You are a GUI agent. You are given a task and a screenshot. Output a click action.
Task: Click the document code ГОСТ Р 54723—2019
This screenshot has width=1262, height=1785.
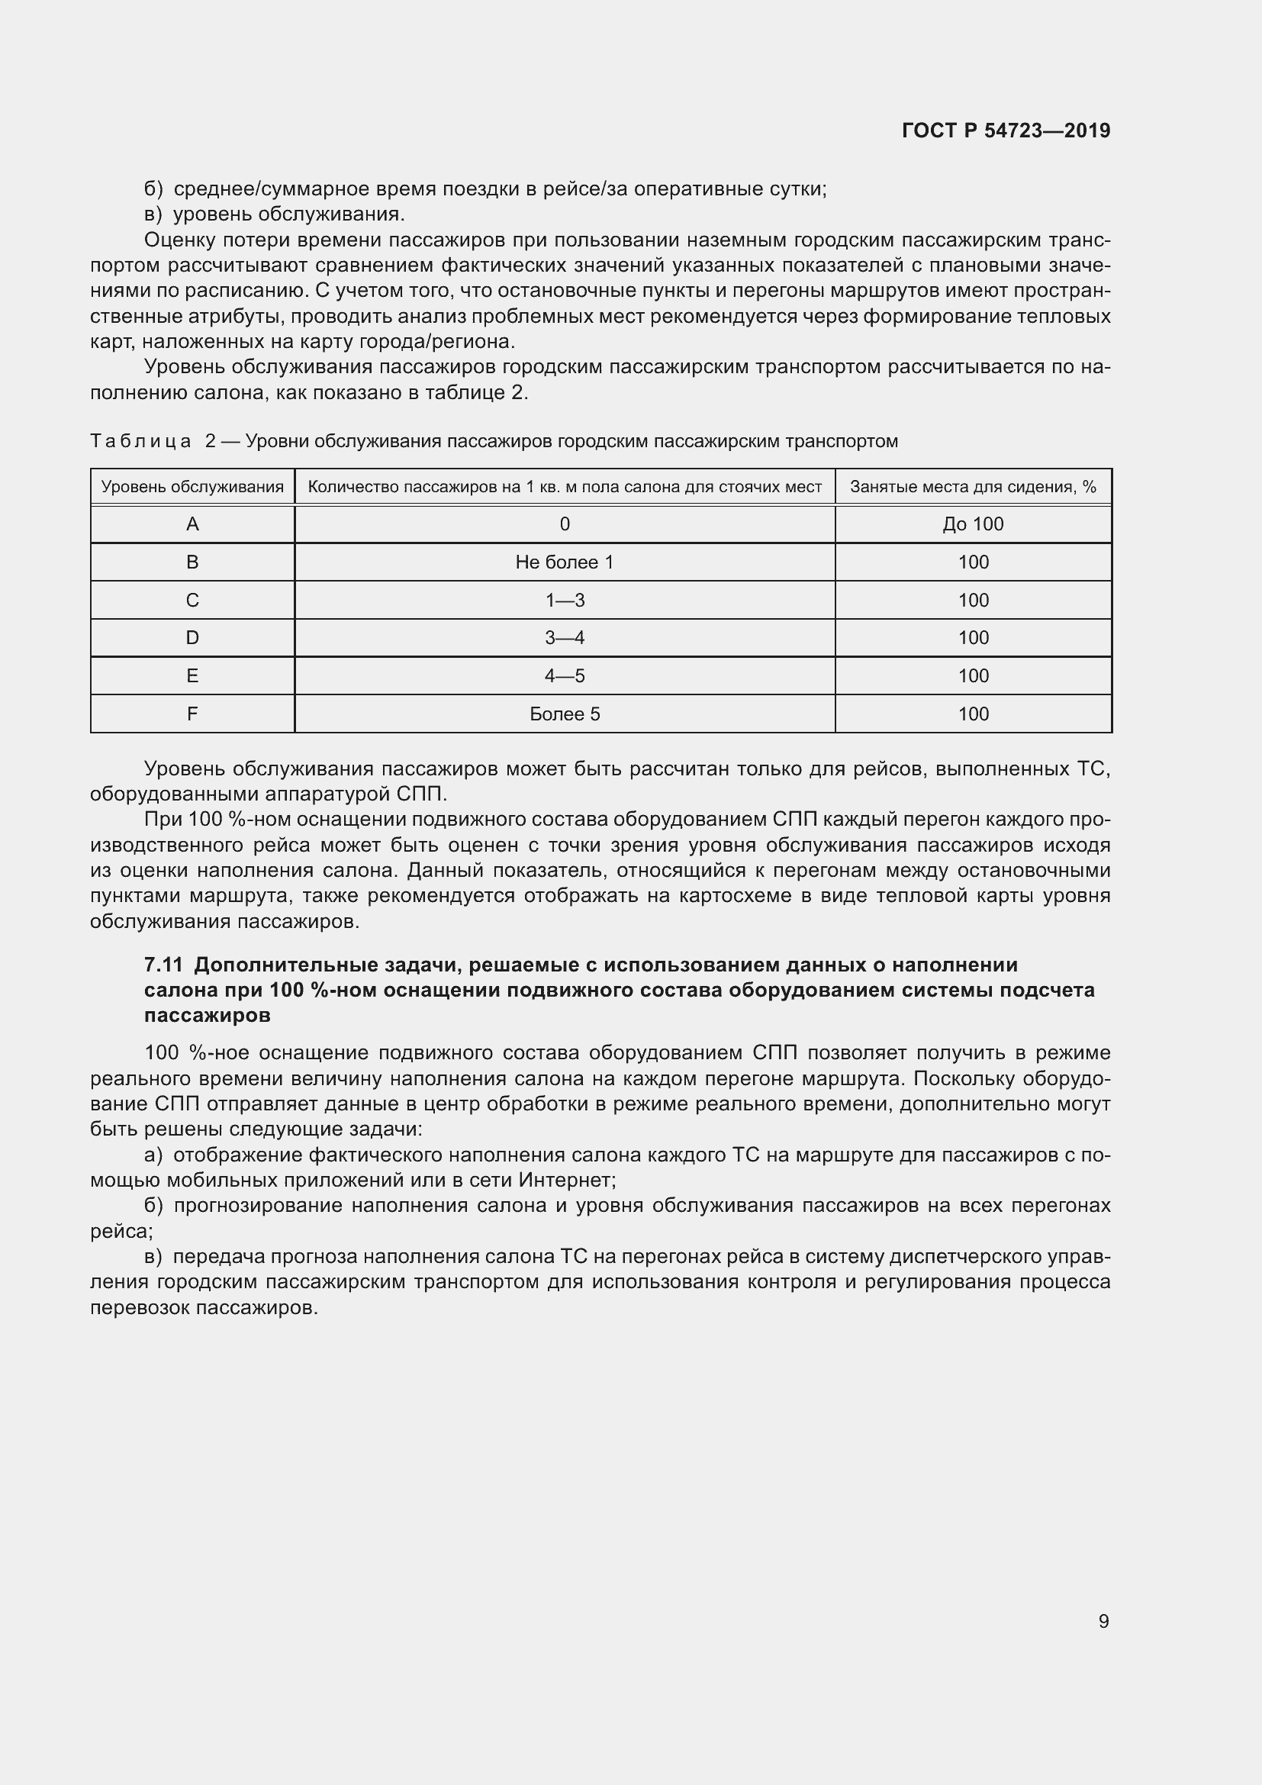pyautogui.click(x=1006, y=130)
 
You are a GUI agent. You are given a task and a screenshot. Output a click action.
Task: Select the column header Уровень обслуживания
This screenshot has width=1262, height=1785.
pyautogui.click(x=192, y=488)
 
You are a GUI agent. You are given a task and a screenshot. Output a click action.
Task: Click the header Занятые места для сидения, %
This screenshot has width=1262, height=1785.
pyautogui.click(x=973, y=488)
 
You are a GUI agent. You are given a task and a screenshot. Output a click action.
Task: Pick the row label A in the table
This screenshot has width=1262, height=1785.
pyautogui.click(x=193, y=525)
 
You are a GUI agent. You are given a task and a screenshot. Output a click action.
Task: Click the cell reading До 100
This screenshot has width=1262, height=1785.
pyautogui.click(x=973, y=525)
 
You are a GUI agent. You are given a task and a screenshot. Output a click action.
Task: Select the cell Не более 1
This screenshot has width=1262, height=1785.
pyautogui.click(x=564, y=563)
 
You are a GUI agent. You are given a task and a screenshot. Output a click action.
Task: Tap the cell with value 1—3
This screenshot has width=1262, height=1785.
pyautogui.click(x=564, y=601)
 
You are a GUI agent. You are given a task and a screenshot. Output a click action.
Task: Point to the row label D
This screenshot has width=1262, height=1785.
pyautogui.click(x=193, y=638)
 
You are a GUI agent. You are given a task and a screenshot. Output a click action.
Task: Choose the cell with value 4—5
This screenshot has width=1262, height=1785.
pyautogui.click(x=564, y=676)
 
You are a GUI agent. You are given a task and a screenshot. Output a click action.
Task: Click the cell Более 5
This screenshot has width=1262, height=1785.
pyautogui.click(x=564, y=714)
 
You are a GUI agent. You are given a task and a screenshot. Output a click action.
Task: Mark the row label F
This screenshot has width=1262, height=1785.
pyautogui.click(x=193, y=714)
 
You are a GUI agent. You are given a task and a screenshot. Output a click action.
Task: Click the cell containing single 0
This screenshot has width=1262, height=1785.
pyautogui.click(x=564, y=525)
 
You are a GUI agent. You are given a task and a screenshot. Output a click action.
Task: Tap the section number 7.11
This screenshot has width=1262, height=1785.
pyautogui.click(x=163, y=965)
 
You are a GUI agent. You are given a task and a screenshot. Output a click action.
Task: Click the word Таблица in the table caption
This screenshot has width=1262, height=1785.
pyautogui.click(x=140, y=442)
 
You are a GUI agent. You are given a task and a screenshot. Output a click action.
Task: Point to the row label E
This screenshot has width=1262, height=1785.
pyautogui.click(x=193, y=676)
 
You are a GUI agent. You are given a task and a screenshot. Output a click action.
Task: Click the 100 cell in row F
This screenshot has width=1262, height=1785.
pyautogui.click(x=973, y=714)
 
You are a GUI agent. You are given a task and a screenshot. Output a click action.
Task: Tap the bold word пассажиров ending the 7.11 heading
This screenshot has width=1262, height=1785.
pyautogui.click(x=208, y=1015)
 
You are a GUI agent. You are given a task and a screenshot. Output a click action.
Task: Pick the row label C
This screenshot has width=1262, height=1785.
pyautogui.click(x=193, y=601)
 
